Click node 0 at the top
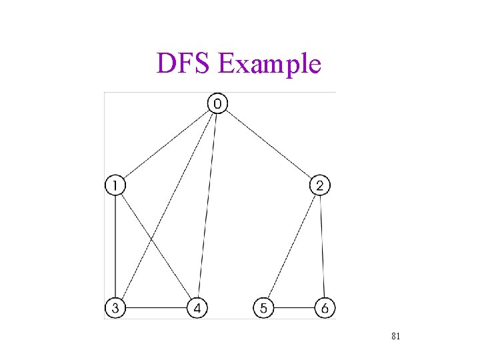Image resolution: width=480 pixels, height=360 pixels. pos(218,103)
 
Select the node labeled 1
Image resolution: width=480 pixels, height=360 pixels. pos(115,185)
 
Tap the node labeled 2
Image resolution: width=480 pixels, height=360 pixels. pos(320,185)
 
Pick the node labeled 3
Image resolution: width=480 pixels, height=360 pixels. pos(115,309)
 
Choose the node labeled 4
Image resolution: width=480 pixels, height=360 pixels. pos(198,309)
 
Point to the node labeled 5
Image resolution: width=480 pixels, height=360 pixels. pos(264,309)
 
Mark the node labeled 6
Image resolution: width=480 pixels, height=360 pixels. pos(325,309)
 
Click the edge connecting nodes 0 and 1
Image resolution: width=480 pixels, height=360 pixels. pos(167,144)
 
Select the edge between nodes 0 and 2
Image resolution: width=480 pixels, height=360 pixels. pos(269,144)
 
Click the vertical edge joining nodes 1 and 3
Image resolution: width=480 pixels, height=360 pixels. pos(115,247)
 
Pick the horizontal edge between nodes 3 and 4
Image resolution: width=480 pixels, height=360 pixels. pos(157,309)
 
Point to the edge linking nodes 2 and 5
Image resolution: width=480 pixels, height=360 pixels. pos(292,247)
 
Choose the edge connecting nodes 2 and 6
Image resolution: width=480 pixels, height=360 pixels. pos(323,247)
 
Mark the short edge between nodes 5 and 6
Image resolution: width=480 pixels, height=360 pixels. pos(294,309)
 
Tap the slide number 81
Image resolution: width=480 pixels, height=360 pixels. pos(395,337)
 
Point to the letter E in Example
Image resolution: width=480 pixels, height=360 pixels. pos(225,64)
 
